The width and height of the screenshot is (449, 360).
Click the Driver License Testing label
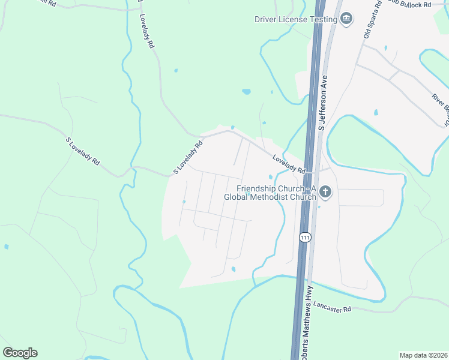[x=295, y=20]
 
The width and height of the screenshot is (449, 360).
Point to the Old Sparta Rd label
[x=372, y=21]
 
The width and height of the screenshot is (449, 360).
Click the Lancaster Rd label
[x=332, y=308]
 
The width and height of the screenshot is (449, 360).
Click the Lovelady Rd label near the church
[x=289, y=164]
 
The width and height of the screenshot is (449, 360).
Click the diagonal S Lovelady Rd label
[x=188, y=157]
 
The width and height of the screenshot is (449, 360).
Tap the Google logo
[x=20, y=353]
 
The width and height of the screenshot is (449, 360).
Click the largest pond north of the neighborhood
[x=246, y=92]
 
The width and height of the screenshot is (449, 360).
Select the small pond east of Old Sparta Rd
[x=376, y=112]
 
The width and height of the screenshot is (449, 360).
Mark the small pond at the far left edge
[x=6, y=247]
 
